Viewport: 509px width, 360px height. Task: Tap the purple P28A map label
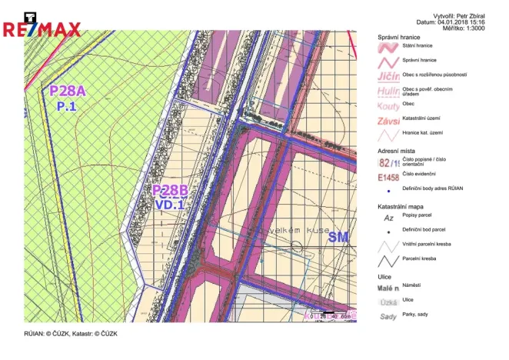(x=68, y=92)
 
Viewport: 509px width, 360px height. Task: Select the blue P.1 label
(x=66, y=107)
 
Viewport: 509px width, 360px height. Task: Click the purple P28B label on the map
(x=170, y=191)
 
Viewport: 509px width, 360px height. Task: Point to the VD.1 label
(x=170, y=205)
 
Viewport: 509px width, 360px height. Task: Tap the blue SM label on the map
(x=338, y=238)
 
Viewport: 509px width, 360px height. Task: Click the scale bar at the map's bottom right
(x=329, y=315)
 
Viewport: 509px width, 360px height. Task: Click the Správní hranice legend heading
(x=398, y=38)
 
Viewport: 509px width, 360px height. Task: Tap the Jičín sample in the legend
(x=389, y=77)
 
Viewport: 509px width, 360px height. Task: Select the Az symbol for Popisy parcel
(x=389, y=218)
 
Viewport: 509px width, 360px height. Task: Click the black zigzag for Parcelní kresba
(x=389, y=260)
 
